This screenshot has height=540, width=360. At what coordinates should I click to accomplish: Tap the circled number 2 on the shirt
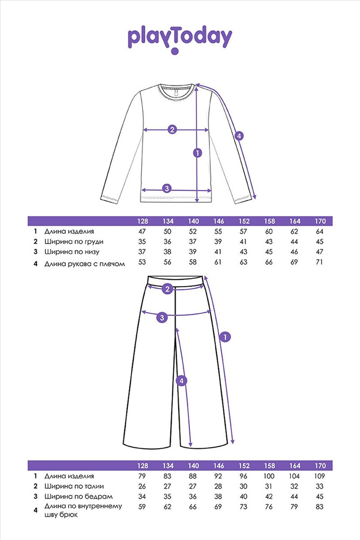(172, 130)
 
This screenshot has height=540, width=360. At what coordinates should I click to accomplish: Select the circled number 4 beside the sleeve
(239, 136)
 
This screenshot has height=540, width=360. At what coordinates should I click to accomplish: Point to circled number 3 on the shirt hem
(167, 188)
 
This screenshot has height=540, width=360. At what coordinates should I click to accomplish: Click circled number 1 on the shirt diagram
(198, 152)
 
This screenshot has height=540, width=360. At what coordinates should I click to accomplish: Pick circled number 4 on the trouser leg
(181, 381)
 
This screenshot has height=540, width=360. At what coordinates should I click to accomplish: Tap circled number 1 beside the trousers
(225, 337)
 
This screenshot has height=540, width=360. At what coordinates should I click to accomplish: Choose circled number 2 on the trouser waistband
(168, 288)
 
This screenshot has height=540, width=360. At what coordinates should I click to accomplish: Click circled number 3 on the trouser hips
(162, 317)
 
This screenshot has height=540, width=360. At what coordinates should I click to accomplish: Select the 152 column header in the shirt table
(243, 221)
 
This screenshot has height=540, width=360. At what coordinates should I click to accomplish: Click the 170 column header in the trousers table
(320, 465)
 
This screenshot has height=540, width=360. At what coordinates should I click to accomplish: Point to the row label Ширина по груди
(73, 242)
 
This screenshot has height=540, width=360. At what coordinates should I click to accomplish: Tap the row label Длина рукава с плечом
(84, 264)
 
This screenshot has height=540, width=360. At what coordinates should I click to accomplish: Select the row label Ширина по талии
(74, 487)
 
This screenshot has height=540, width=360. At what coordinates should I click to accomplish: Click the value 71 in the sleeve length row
(320, 262)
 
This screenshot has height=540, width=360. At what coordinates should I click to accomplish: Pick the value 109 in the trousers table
(320, 476)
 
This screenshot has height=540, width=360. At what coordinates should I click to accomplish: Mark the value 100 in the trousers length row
(269, 476)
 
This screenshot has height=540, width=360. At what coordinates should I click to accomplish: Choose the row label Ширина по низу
(72, 252)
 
